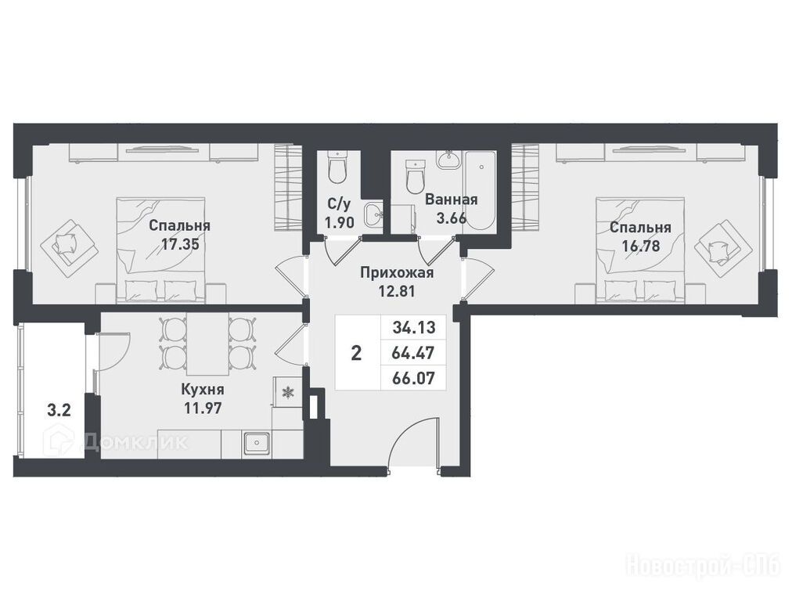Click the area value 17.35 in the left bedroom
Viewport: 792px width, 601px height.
tap(180, 245)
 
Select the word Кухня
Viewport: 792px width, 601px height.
tap(203, 390)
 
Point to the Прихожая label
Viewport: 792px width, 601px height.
tap(397, 273)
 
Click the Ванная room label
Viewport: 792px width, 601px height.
tap(451, 200)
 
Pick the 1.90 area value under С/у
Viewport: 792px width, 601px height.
tap(340, 221)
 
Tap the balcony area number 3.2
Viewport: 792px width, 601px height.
tap(59, 411)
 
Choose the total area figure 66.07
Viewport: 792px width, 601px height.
tap(414, 378)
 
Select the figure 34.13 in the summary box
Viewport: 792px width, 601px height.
tap(414, 328)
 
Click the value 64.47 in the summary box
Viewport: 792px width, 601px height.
tap(414, 353)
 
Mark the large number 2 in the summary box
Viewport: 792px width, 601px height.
tap(356, 353)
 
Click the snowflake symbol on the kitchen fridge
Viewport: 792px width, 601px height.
tap(287, 392)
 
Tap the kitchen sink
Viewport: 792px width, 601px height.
tap(257, 444)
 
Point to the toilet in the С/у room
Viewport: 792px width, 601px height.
tap(337, 167)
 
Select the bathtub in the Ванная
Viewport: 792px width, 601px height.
tap(480, 190)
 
